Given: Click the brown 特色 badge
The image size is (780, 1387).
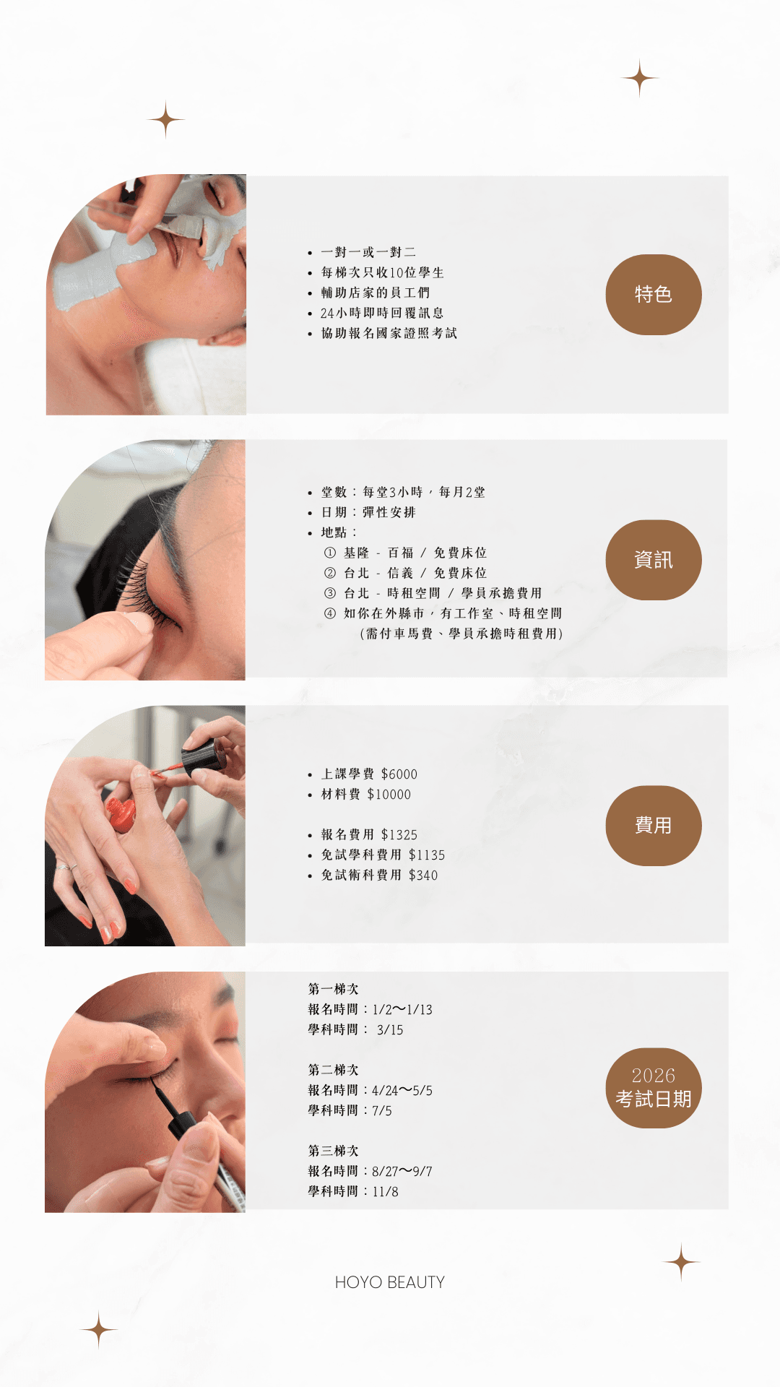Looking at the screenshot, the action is (x=653, y=294).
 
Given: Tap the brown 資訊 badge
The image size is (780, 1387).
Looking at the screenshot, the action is (x=653, y=560).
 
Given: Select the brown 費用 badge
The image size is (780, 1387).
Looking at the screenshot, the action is (x=653, y=826).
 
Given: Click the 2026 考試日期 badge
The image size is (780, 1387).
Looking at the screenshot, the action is (x=653, y=1088).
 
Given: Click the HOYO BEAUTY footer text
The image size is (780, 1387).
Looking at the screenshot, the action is (x=389, y=1282).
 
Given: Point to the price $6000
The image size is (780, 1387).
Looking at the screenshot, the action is (x=399, y=774).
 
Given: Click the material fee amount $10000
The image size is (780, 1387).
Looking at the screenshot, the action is (x=389, y=795).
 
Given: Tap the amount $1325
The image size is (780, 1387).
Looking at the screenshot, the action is (x=399, y=835).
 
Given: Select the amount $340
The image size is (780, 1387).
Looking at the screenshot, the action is (x=423, y=876).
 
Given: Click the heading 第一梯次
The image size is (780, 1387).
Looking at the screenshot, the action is (x=333, y=989).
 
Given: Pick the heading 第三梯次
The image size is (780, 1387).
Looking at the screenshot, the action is (x=333, y=1151).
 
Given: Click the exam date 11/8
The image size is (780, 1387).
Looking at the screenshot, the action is (x=385, y=1192).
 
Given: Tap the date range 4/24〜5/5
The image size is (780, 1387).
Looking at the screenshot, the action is (x=402, y=1091).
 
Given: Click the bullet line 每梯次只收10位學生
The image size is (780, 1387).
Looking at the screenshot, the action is (x=383, y=273).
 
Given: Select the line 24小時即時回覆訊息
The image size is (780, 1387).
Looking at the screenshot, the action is (x=382, y=314).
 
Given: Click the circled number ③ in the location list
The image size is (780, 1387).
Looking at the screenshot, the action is (x=330, y=593).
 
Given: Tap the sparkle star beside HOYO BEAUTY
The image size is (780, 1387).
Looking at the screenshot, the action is (x=681, y=1263).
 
